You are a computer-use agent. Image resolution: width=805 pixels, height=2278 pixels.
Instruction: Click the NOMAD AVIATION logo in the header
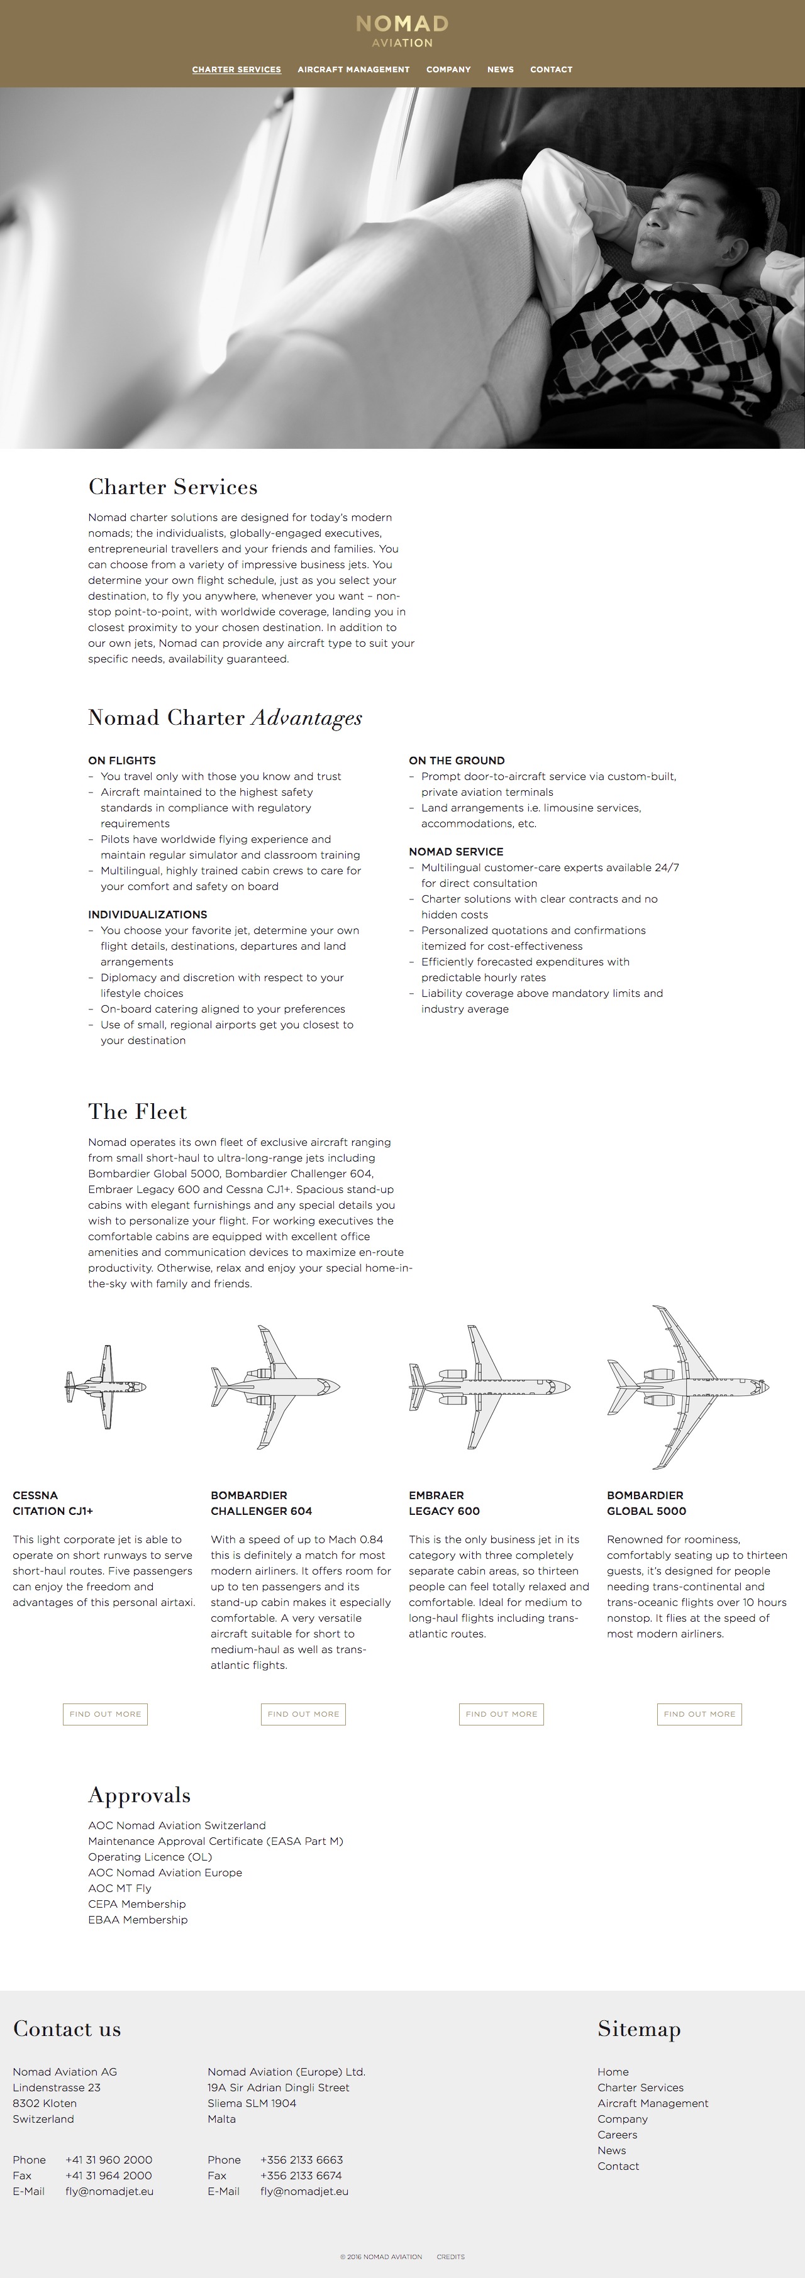pos(402,31)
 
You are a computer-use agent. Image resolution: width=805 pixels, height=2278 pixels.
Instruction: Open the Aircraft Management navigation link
pos(354,69)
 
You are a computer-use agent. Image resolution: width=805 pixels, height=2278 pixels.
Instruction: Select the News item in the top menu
pos(501,69)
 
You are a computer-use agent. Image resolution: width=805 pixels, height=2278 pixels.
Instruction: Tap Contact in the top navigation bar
pos(551,69)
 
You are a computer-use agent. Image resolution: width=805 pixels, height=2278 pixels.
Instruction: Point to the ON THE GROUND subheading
pos(457,761)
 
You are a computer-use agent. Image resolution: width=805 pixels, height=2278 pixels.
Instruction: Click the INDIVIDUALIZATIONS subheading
pos(148,915)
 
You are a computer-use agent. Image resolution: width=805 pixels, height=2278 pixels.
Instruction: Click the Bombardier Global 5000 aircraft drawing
pos(688,1387)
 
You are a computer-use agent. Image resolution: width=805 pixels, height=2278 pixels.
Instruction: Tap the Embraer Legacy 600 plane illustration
pos(489,1387)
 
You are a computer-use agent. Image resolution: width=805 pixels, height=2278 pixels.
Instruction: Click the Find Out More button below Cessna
pos(105,1714)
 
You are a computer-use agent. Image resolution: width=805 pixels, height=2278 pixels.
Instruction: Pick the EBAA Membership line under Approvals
pos(138,1920)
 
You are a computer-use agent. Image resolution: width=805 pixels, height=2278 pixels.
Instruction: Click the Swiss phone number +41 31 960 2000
pos(109,2159)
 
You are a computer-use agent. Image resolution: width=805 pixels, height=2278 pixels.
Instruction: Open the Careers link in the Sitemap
pos(618,2135)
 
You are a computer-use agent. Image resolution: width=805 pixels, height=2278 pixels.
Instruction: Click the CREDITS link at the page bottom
pos(450,2257)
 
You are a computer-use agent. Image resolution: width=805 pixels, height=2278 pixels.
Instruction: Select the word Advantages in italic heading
pos(307,718)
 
